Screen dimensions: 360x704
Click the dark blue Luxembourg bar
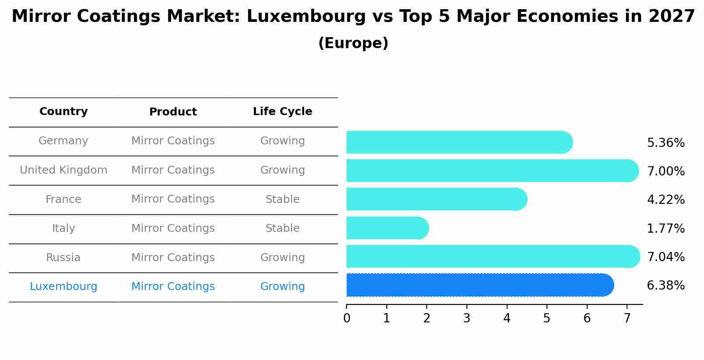click(x=480, y=285)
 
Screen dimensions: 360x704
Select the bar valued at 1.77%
click(x=387, y=228)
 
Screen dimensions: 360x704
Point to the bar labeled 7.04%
click(x=493, y=256)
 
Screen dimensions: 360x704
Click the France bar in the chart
click(x=436, y=199)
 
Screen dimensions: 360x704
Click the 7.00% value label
click(x=665, y=171)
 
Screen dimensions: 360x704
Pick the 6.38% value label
click(x=665, y=286)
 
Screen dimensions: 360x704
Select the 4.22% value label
click(x=665, y=200)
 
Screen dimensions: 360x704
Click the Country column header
click(x=63, y=112)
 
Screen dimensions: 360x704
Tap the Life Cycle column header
click(x=282, y=112)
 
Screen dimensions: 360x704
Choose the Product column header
click(x=173, y=112)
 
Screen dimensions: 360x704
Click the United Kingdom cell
click(x=63, y=170)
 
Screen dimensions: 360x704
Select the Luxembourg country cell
click(x=63, y=287)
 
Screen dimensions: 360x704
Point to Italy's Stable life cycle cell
click(x=282, y=228)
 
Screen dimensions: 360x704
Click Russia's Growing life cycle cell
click(x=282, y=258)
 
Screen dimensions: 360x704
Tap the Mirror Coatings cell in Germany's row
click(x=173, y=141)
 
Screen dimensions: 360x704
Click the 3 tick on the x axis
click(x=466, y=318)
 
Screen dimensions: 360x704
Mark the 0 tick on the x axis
click(x=347, y=318)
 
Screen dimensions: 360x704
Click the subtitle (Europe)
click(x=353, y=43)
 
